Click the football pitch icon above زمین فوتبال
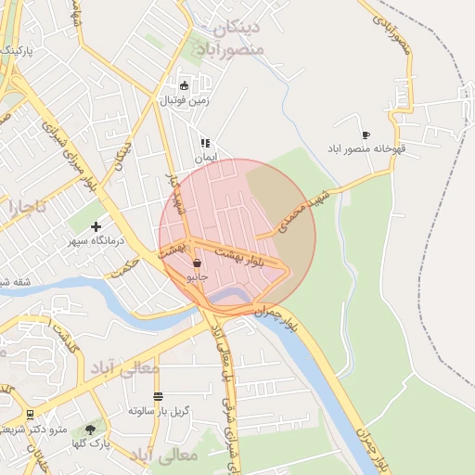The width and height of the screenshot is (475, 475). (x=184, y=86)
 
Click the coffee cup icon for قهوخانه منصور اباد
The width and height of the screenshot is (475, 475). (x=366, y=134)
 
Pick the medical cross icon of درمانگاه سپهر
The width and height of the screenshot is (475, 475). (x=96, y=226)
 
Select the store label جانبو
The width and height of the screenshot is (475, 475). (x=198, y=276)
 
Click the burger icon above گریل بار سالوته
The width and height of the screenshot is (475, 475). (x=156, y=395)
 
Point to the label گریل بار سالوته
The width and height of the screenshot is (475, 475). (x=159, y=409)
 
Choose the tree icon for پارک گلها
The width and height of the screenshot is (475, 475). (x=90, y=429)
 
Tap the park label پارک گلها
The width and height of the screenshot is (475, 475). (x=95, y=443)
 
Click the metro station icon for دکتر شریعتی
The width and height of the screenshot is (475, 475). (x=31, y=414)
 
